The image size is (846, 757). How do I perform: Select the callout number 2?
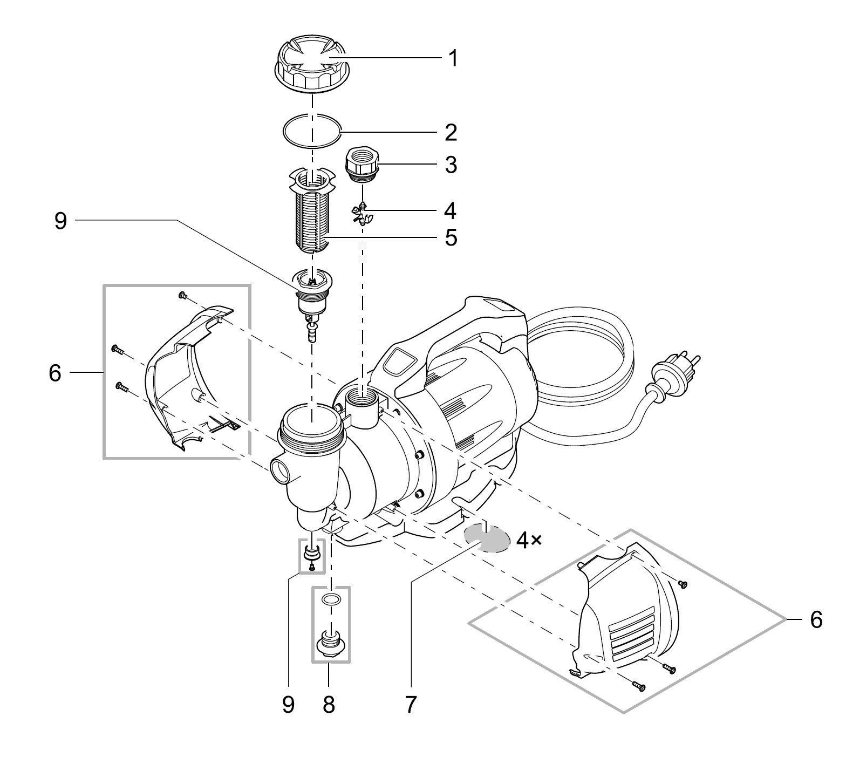(x=451, y=133)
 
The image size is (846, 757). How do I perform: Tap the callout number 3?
(x=451, y=165)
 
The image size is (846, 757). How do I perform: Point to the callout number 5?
(x=451, y=237)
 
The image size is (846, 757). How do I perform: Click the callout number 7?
(x=411, y=704)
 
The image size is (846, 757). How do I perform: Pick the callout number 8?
(x=329, y=704)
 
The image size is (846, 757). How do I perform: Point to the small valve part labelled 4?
(x=363, y=212)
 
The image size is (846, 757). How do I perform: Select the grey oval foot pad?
(x=487, y=537)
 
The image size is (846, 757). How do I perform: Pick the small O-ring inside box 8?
(x=331, y=599)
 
